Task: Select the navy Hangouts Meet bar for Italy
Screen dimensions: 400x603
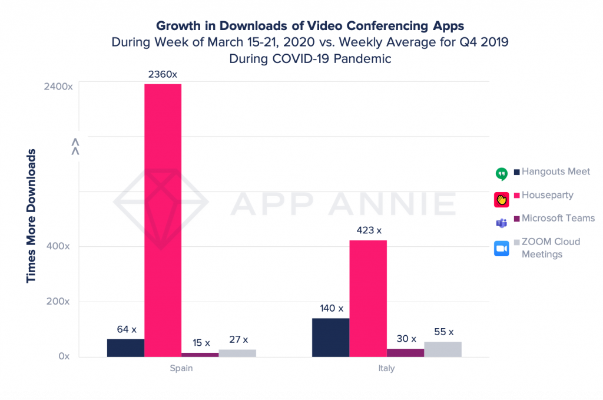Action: pyautogui.click(x=330, y=337)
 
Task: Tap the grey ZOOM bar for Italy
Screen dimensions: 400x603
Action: pyautogui.click(x=442, y=349)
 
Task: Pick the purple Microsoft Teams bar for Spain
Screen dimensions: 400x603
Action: pyautogui.click(x=200, y=354)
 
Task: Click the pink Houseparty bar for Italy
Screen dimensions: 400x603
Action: pyautogui.click(x=368, y=298)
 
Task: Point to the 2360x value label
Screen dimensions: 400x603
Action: pyautogui.click(x=163, y=75)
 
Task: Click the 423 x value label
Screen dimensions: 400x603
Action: pyautogui.click(x=368, y=230)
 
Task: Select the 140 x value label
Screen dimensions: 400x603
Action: pyautogui.click(x=330, y=308)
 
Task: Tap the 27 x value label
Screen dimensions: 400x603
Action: pyautogui.click(x=237, y=339)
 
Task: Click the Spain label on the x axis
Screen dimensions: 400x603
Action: pyautogui.click(x=181, y=369)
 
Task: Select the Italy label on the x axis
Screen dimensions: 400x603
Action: pyautogui.click(x=386, y=369)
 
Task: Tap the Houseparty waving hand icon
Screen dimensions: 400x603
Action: pyautogui.click(x=501, y=199)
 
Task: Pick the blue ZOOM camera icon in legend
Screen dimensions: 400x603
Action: pyautogui.click(x=501, y=249)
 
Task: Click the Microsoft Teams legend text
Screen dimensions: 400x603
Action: pyautogui.click(x=558, y=218)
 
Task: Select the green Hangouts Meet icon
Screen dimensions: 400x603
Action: pyautogui.click(x=501, y=174)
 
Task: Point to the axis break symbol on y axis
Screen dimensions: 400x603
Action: pyautogui.click(x=75, y=146)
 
